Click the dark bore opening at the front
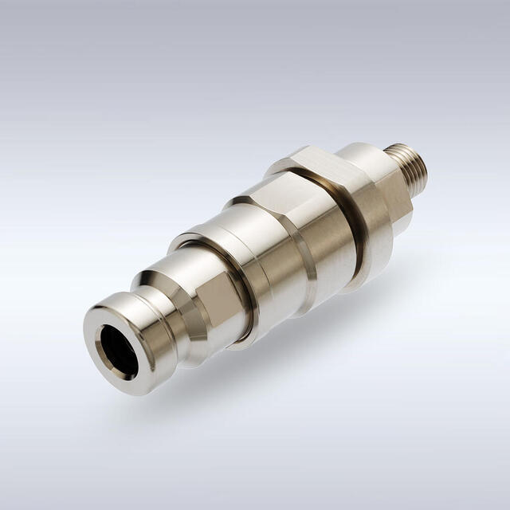[118, 352]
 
